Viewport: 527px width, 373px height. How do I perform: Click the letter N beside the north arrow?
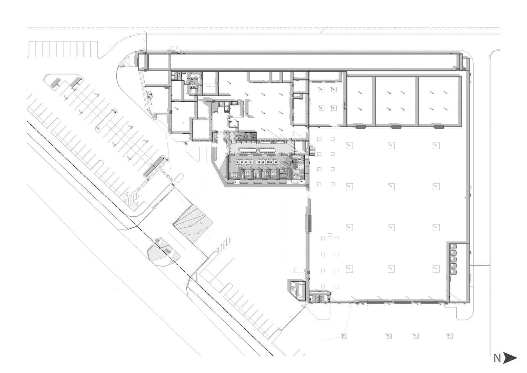[497, 358]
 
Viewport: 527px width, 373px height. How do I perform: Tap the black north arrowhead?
[510, 358]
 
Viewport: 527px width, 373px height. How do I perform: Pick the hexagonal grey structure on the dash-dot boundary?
[163, 253]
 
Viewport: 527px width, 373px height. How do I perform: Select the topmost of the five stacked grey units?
[453, 247]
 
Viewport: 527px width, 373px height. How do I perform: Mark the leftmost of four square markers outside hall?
[344, 336]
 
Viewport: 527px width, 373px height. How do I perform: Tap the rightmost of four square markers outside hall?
[450, 336]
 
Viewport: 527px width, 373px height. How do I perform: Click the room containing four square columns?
[327, 99]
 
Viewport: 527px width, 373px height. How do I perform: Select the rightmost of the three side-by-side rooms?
[439, 101]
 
